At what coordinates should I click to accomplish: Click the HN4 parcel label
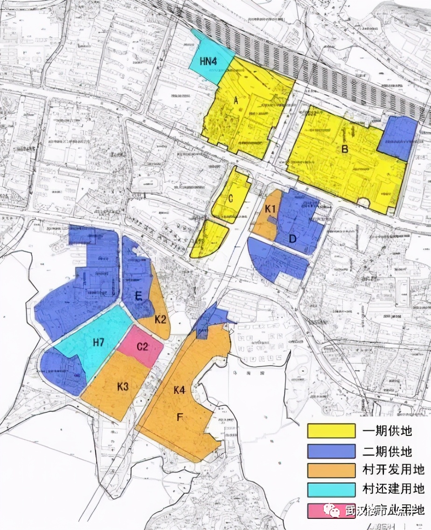[x=209, y=61]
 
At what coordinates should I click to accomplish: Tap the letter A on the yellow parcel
[x=236, y=100]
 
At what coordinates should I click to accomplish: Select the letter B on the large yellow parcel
[x=345, y=149]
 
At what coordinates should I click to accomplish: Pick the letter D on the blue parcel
[x=292, y=239]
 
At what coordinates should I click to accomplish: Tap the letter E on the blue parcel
[x=139, y=296]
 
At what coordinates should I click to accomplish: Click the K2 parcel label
[x=161, y=319]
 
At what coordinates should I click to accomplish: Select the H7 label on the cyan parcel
[x=98, y=343]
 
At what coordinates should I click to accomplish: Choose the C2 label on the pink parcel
[x=142, y=347]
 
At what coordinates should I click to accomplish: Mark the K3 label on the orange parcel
[x=123, y=386]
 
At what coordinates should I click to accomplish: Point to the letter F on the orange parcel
[x=179, y=417]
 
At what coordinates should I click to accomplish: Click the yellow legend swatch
[x=331, y=431]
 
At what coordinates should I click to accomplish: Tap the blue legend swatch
[x=331, y=451]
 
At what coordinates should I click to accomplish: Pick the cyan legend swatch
[x=331, y=489]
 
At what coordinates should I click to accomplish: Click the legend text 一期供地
[x=388, y=431]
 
